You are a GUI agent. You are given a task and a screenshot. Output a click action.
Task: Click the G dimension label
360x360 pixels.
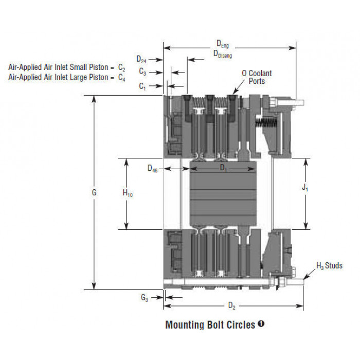point(94,192)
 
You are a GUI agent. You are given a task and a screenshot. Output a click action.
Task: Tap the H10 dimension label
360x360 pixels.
point(128,193)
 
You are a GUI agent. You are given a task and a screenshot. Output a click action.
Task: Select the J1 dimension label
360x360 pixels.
point(304,188)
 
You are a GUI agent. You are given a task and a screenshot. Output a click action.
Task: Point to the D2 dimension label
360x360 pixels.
point(231,306)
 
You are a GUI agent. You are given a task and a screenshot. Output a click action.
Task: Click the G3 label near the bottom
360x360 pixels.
point(145,298)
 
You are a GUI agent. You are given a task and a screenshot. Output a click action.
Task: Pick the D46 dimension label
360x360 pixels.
point(152,169)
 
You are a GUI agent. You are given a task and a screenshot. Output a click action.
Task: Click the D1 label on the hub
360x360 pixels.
point(223,168)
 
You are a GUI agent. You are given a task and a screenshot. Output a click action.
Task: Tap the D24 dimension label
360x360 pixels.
point(141,60)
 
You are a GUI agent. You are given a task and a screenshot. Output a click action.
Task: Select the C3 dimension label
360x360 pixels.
point(142,72)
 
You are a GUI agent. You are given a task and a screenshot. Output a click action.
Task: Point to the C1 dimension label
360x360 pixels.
point(142,86)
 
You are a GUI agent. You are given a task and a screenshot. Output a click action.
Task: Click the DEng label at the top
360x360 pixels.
point(223,44)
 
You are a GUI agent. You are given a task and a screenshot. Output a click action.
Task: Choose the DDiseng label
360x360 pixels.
point(223,54)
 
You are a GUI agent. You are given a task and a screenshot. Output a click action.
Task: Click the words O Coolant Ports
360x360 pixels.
point(257,77)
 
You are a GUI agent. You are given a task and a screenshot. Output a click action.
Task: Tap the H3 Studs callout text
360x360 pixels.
point(330,266)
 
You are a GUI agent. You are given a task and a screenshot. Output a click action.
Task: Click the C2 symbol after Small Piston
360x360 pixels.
point(122,67)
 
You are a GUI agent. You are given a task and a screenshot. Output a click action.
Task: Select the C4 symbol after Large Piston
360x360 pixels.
point(122,78)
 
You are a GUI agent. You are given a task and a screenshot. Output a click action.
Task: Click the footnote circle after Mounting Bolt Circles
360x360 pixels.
point(261,324)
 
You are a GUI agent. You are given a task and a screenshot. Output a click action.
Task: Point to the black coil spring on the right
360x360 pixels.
point(266,123)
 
